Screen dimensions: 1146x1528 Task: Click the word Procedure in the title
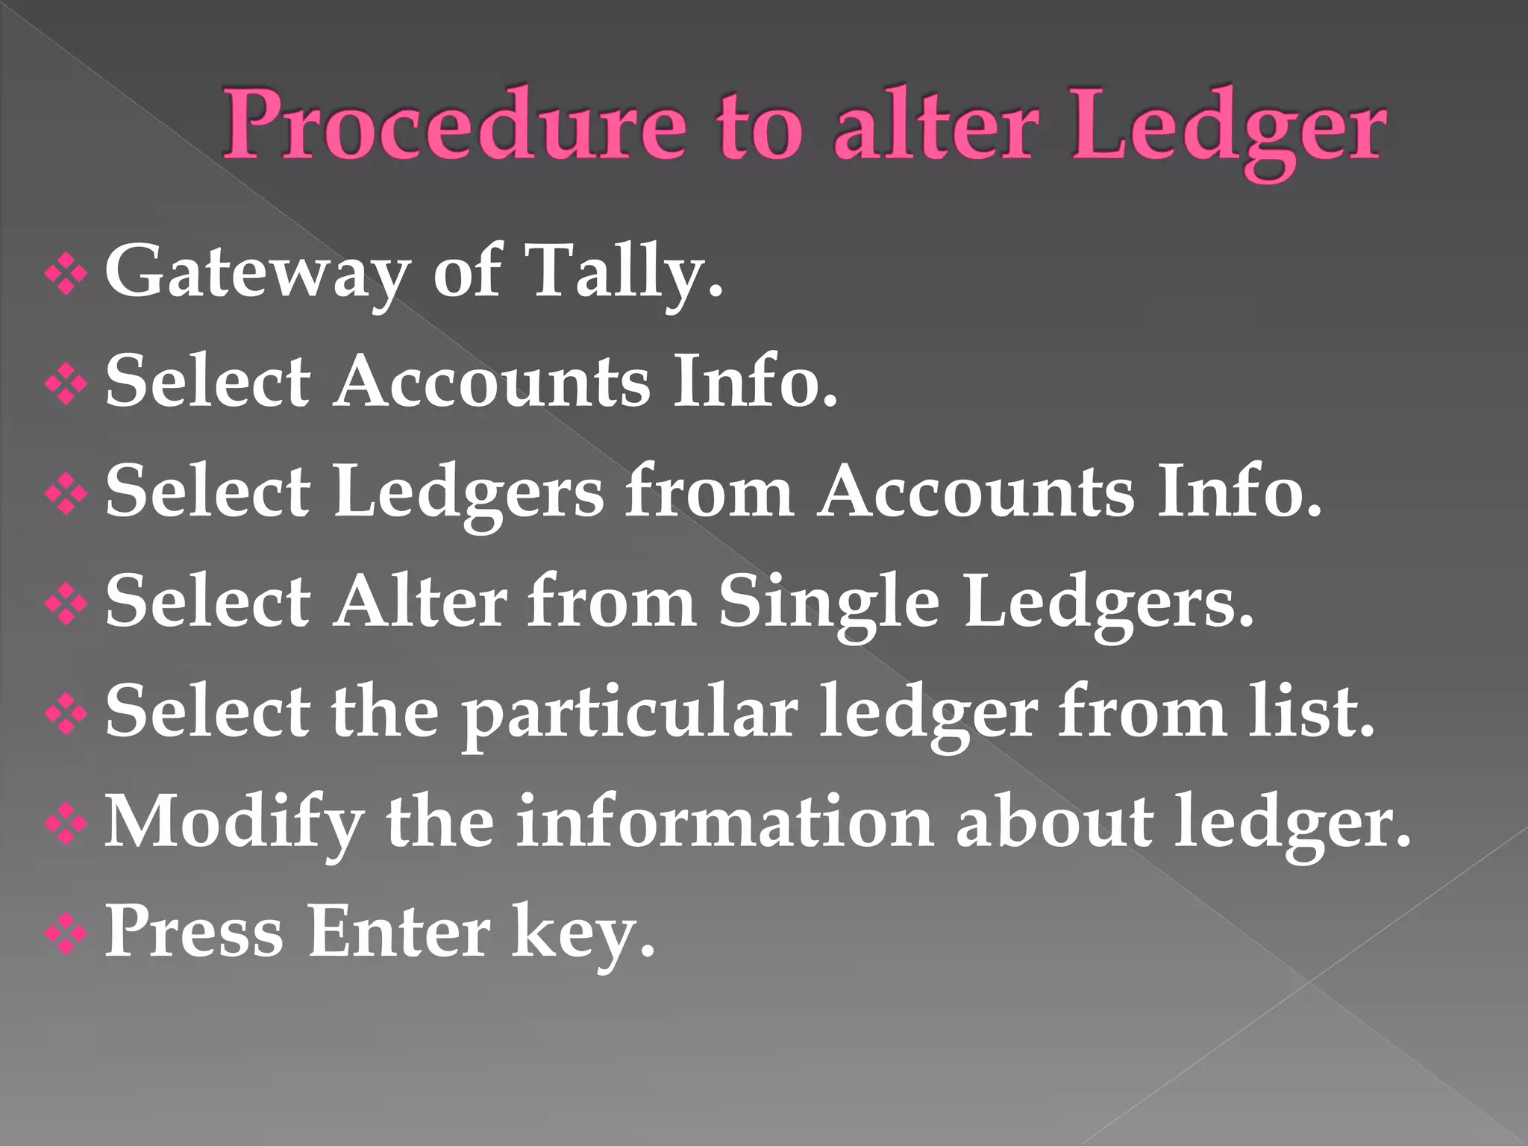tap(454, 125)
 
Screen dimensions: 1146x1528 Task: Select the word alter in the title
tap(936, 125)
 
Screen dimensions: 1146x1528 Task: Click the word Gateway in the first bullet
tap(257, 272)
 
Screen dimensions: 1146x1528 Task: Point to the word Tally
tap(623, 272)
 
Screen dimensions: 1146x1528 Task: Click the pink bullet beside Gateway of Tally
tap(66, 277)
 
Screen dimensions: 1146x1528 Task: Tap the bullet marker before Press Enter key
tap(66, 936)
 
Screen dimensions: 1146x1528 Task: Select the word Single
tap(828, 603)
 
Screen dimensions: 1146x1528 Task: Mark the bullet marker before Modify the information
tap(66, 825)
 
